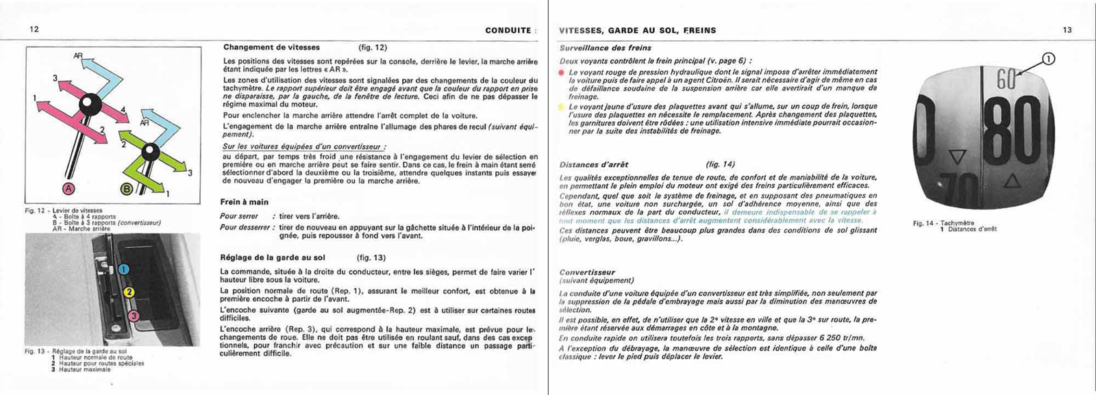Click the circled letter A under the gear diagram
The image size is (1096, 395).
coord(68,188)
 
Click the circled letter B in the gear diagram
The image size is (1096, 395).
coord(127,188)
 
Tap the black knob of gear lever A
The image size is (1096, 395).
coord(88,104)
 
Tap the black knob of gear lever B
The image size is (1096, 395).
coord(151,152)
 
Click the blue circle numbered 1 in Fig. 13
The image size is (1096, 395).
coord(123,269)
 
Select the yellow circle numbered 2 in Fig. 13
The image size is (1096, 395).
coord(129,293)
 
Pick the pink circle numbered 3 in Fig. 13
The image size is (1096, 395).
coord(134,316)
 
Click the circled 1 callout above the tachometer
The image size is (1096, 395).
coord(1049,60)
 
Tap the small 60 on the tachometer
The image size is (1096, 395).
coord(1006,80)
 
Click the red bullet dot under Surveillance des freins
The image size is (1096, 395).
coord(562,72)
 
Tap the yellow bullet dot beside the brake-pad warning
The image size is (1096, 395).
coord(562,107)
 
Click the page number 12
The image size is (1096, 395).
coord(34,29)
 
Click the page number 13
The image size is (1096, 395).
coord(1067,30)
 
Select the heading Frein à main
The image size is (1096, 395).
coord(245,202)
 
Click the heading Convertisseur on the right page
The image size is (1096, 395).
coord(587,272)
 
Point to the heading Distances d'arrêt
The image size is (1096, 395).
coord(594,164)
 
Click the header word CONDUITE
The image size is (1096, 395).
coord(508,30)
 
